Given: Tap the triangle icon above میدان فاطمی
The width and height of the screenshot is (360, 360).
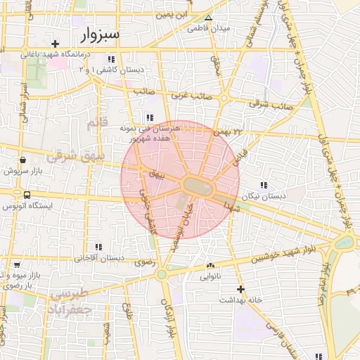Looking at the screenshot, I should (207, 17).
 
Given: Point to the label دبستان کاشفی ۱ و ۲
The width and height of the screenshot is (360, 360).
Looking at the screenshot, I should (114, 70).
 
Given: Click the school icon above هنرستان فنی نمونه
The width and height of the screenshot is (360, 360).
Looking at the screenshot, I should (149, 117).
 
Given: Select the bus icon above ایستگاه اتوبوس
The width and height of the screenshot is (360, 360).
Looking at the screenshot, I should (27, 194).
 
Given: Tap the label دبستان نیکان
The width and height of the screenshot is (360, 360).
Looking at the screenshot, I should (263, 195).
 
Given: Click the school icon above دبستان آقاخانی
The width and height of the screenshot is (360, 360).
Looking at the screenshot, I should (99, 247).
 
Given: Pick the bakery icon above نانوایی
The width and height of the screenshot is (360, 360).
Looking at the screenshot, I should (210, 265).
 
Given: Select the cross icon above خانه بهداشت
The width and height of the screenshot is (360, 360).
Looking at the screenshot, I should (240, 289).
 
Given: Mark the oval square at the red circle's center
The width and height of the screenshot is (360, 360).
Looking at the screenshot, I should (200, 186).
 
